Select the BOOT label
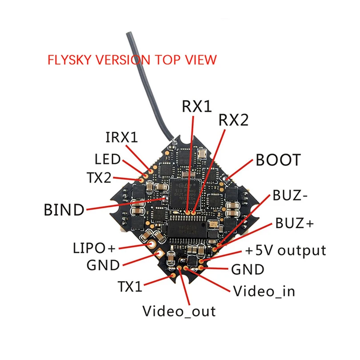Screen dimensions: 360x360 click(278, 160)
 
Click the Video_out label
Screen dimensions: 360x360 click(179, 311)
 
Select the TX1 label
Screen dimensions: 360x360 click(130, 286)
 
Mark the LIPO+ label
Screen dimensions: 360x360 click(94, 247)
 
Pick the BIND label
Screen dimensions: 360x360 click(64, 209)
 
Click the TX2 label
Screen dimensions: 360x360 click(99, 178)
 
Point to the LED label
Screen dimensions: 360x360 click(108, 159)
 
